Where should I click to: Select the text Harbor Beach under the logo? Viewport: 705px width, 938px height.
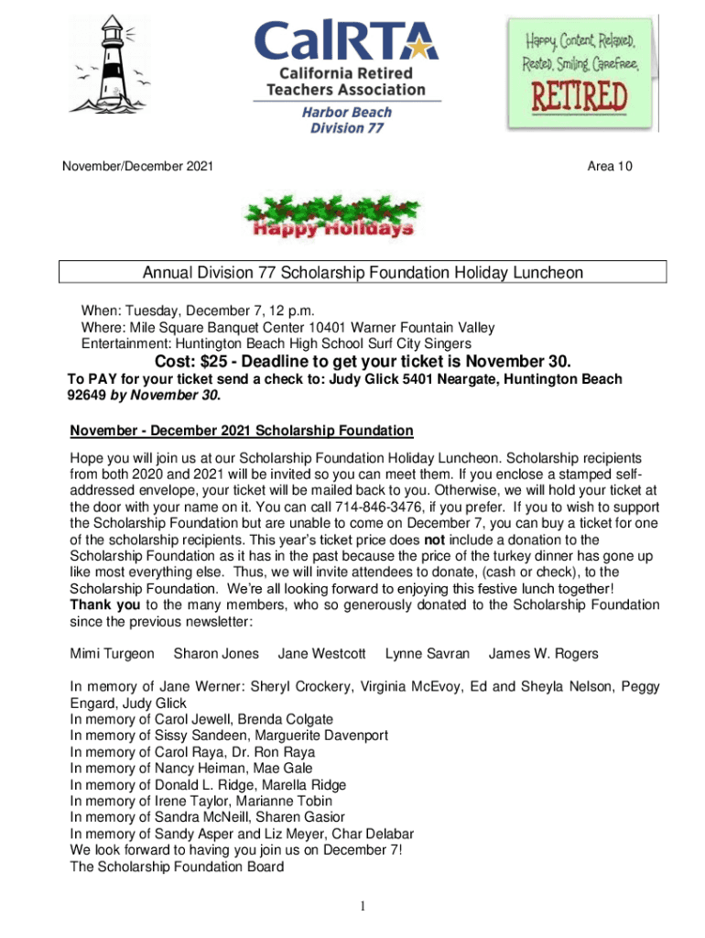pos(347,112)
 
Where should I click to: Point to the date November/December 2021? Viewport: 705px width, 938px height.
pos(137,166)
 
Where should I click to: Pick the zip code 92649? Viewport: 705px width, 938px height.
pos(88,396)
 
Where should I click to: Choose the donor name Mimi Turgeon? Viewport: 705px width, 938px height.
pos(113,654)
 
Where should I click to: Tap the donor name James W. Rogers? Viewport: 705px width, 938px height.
pos(543,654)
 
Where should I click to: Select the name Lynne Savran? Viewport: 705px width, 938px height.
pos(428,654)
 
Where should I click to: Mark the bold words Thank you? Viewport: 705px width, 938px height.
pos(105,605)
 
